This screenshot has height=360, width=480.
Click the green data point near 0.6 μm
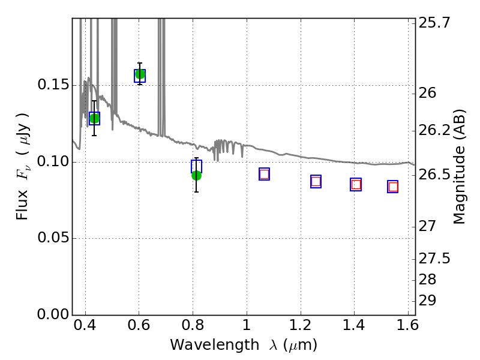[x=140, y=74]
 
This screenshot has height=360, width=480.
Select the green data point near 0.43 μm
[x=94, y=118]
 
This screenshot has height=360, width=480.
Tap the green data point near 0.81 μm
[x=196, y=175]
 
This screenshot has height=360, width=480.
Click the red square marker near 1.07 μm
[x=264, y=174]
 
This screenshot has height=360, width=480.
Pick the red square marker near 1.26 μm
[x=316, y=181]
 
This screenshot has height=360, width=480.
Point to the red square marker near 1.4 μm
[x=356, y=184]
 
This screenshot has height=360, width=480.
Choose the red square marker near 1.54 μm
[x=393, y=187]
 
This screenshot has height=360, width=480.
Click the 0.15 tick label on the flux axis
[x=52, y=85]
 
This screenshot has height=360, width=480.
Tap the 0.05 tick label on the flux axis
[x=52, y=238]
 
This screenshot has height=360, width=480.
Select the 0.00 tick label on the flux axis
[x=52, y=315]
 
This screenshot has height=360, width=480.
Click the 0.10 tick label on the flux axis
[x=52, y=162]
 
